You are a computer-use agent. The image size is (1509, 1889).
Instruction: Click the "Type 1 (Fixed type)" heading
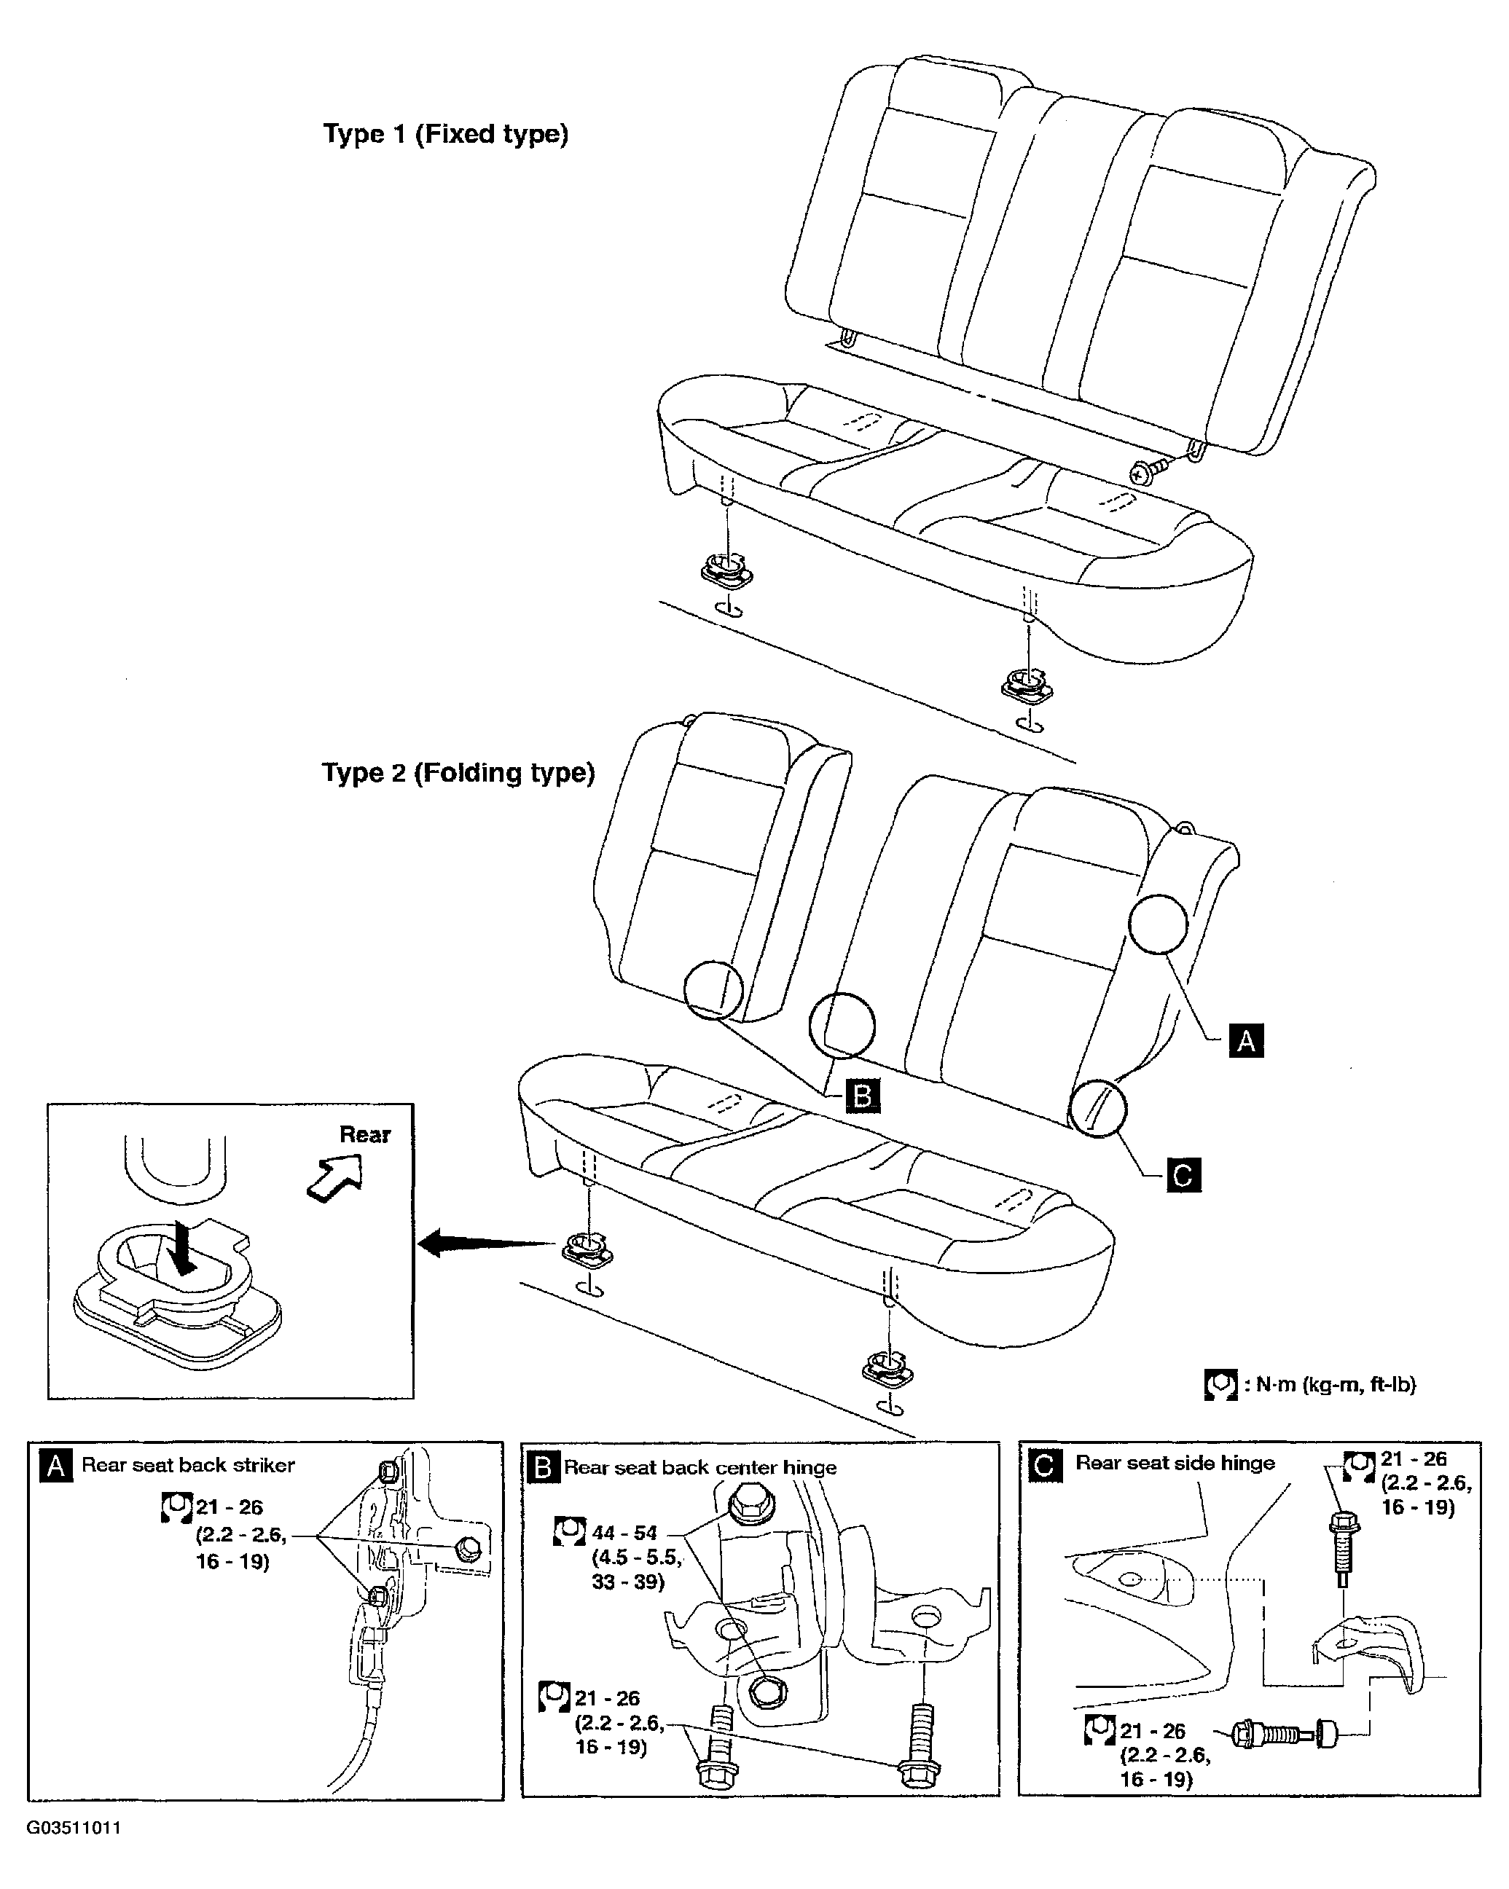445,134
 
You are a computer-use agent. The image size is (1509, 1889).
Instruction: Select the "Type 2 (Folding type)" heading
458,773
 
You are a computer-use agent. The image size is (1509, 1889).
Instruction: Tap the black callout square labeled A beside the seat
1246,1040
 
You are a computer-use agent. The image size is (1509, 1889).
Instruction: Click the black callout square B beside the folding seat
862,1096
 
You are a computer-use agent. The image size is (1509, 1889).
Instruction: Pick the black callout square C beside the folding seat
1183,1175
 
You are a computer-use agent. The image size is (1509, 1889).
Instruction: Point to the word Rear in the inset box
364,1134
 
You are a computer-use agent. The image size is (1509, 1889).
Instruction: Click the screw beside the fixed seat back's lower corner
1151,472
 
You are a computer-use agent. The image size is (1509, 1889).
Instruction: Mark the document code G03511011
74,1828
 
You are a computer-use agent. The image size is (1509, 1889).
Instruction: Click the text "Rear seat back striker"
189,1465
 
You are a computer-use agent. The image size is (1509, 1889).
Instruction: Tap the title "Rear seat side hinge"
1175,1462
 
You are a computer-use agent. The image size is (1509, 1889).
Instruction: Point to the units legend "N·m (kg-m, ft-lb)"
1330,1384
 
